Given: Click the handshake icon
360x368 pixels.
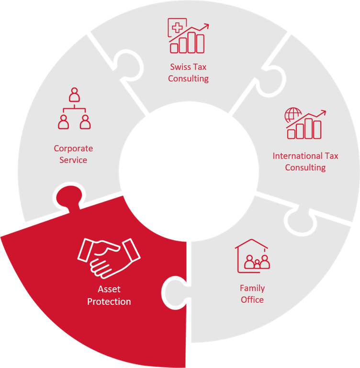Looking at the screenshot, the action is [109, 258].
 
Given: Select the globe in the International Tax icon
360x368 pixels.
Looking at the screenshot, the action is [292, 115].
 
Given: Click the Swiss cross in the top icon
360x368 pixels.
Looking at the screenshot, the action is [177, 27].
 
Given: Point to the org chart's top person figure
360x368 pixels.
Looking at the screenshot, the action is [74, 94].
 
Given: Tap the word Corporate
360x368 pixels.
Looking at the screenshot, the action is [73, 149].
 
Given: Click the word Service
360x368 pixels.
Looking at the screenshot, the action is [73, 160].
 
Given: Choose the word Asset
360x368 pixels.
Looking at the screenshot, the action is [109, 289].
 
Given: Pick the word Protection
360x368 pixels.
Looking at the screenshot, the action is [109, 301].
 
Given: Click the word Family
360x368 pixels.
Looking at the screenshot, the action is [252, 288].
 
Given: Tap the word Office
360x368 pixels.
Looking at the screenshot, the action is [252, 299].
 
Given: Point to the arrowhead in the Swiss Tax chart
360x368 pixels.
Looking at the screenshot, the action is [206, 25].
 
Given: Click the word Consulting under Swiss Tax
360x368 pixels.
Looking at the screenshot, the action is [188, 79].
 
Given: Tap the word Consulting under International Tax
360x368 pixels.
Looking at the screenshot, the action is [305, 168].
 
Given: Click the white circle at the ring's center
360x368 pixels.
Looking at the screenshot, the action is [189, 172].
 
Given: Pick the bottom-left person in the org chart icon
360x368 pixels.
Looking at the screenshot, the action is [63, 122].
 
